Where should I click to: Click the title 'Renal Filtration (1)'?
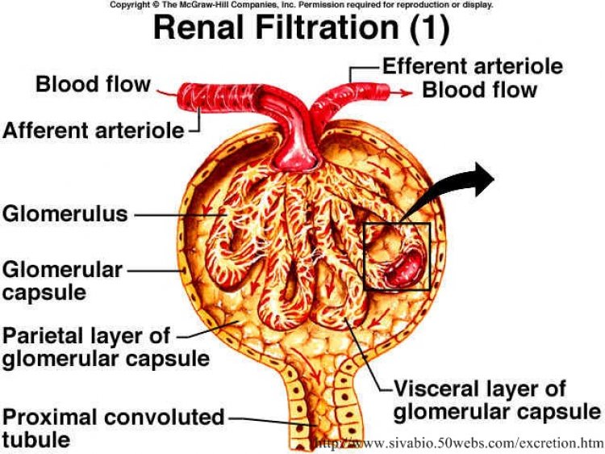click(x=302, y=27)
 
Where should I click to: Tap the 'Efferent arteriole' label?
click(x=473, y=65)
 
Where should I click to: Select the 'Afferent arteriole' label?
click(x=94, y=130)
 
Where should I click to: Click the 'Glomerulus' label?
click(x=65, y=213)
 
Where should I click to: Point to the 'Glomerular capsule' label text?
click(x=62, y=280)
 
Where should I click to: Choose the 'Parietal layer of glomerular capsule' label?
click(x=106, y=347)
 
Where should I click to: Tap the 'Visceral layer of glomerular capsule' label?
click(x=497, y=400)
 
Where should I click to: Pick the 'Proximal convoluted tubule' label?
click(x=114, y=428)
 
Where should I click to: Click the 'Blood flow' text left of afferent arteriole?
click(x=93, y=84)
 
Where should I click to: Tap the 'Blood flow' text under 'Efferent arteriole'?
click(x=480, y=90)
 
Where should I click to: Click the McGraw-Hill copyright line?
click(x=302, y=5)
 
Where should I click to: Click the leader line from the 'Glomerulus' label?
click(x=179, y=215)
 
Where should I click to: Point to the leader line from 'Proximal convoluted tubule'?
click(x=273, y=421)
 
